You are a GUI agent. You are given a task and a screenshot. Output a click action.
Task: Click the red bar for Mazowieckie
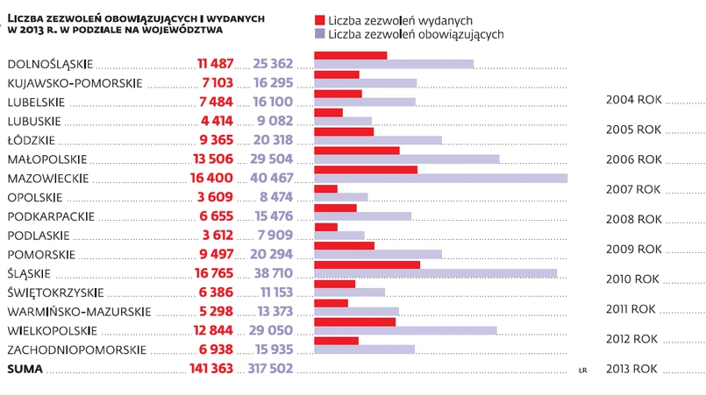click(365, 169)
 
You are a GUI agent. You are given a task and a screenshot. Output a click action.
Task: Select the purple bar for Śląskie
click(435, 273)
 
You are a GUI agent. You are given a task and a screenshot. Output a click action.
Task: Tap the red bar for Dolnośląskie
click(350, 55)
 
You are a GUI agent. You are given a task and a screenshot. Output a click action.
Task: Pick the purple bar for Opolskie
click(340, 197)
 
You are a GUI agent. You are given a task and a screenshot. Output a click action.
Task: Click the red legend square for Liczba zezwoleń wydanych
click(319, 19)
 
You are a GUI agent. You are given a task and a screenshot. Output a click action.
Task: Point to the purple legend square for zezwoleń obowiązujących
click(319, 33)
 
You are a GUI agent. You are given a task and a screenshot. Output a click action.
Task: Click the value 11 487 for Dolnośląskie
click(216, 64)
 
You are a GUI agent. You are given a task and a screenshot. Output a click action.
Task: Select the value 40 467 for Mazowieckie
click(272, 178)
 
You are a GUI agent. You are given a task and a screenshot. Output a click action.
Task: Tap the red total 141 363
click(211, 369)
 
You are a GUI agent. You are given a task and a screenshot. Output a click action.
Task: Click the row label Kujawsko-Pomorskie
click(75, 83)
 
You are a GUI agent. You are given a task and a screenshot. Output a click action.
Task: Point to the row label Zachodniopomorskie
click(76, 349)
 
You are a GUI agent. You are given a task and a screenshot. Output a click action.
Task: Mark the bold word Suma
click(25, 369)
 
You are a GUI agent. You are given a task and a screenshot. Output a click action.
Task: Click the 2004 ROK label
click(633, 100)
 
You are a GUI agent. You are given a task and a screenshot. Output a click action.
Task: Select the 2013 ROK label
click(633, 369)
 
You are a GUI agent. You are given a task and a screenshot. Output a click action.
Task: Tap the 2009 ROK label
click(633, 249)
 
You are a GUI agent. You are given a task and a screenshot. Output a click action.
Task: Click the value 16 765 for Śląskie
click(216, 273)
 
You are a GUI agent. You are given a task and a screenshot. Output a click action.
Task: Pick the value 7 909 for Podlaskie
click(275, 235)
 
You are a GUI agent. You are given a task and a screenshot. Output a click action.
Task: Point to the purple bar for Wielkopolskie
click(405, 330)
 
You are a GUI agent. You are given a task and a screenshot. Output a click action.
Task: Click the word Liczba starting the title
click(27, 17)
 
